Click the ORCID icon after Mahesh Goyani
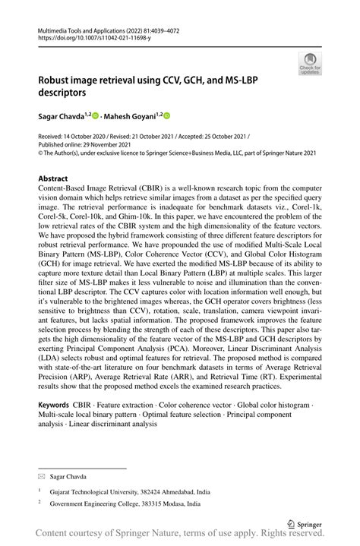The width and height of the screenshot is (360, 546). [x=167, y=116]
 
